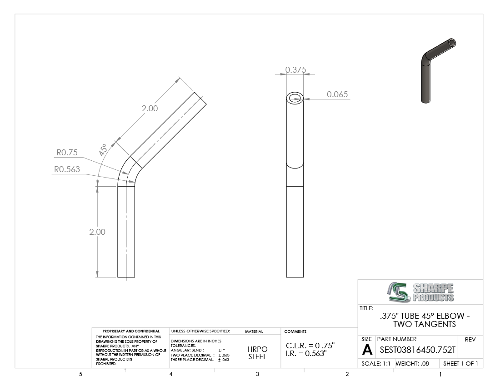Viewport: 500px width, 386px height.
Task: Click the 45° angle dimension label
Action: (103, 150)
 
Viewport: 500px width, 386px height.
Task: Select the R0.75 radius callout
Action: (67, 153)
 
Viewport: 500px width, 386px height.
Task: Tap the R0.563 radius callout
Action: (67, 169)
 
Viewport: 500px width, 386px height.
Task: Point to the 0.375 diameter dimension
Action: (295, 70)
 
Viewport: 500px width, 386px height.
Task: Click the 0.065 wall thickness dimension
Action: (337, 94)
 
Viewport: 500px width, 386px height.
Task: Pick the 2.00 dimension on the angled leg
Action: (150, 108)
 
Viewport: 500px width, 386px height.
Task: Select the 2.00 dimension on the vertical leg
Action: (97, 232)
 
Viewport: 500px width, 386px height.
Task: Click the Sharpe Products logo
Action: (421, 292)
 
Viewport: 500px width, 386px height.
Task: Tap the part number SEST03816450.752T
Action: (417, 350)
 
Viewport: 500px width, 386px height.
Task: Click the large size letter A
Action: (367, 350)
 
